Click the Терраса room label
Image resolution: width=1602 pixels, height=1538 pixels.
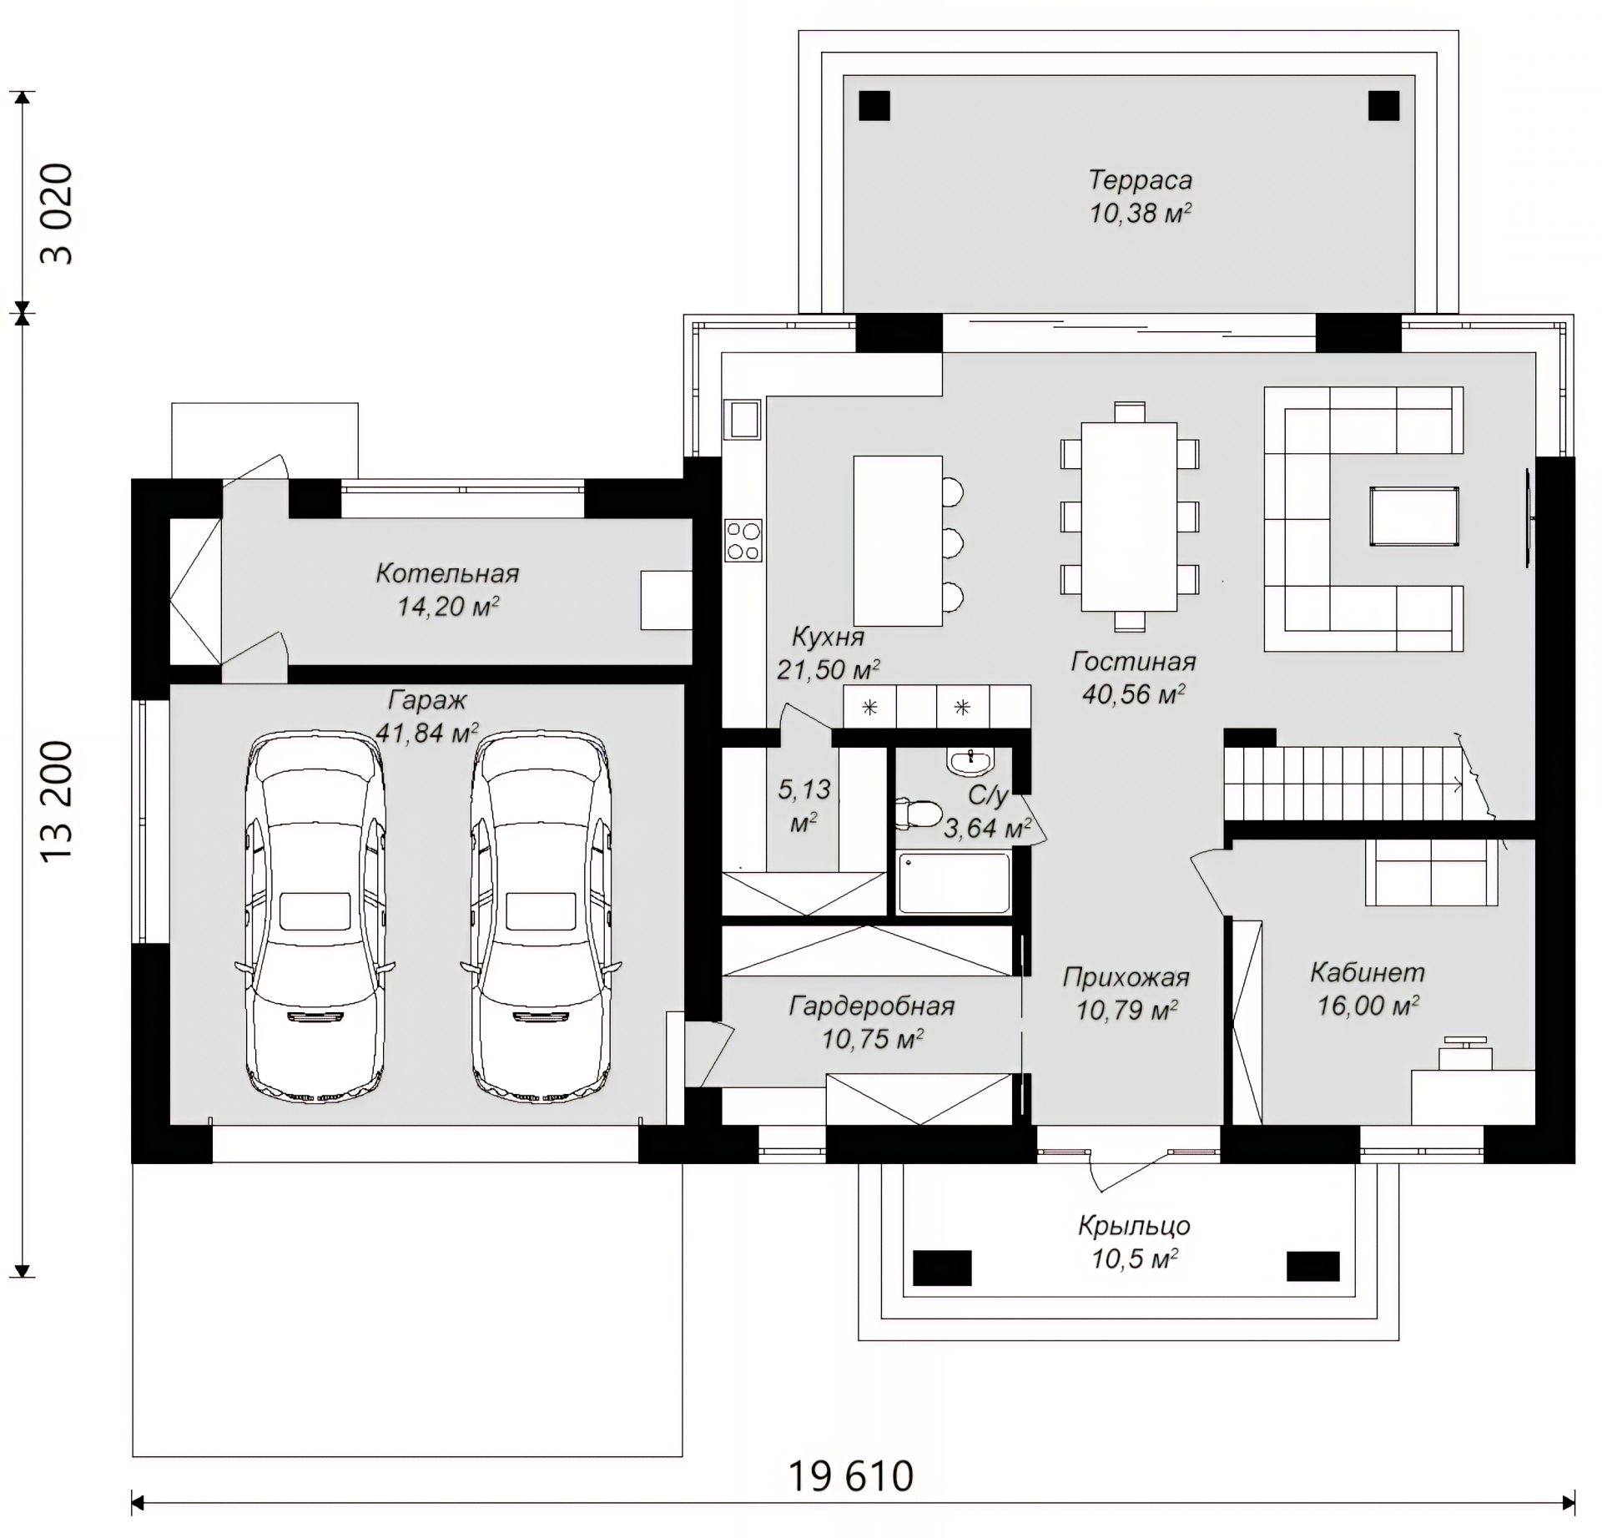1140,179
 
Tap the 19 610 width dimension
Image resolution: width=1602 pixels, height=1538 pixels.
851,1476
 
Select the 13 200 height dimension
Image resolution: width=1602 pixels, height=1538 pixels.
57,802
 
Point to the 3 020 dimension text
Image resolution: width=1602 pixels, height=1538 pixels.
57,214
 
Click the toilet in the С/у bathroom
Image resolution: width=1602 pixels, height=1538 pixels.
918,812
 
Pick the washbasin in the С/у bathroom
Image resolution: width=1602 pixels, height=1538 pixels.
970,760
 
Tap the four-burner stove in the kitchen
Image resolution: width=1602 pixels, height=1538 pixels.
743,540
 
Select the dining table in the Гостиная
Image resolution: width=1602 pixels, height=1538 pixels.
1130,517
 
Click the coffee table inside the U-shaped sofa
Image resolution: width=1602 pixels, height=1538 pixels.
1413,517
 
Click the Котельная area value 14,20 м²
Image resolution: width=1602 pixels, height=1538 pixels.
448,606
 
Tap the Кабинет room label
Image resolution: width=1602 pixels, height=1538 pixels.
1368,972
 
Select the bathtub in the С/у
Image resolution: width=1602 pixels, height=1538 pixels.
953,882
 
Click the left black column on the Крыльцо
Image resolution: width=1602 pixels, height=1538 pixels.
942,1268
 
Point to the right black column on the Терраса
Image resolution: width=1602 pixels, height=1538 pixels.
1383,106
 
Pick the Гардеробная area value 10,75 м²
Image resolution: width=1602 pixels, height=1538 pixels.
873,1039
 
